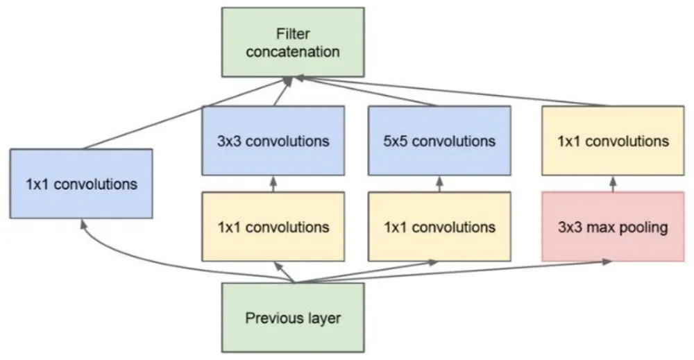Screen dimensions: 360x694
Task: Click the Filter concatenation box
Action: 293,42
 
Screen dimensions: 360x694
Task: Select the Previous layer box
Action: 293,318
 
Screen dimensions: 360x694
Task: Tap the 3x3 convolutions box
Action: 273,141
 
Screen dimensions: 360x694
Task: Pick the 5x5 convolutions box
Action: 439,141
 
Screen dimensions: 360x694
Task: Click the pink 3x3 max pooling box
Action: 613,228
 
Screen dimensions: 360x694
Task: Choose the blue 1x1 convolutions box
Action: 81,184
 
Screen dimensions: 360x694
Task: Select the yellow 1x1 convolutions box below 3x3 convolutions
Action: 273,228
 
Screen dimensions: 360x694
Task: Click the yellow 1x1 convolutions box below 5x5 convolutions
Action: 439,228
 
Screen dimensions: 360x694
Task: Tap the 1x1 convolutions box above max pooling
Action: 613,141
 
